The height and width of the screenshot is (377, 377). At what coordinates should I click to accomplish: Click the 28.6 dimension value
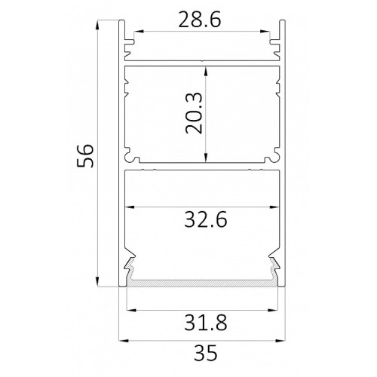tap(200, 20)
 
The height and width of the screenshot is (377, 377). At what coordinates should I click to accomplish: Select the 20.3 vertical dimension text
tap(194, 113)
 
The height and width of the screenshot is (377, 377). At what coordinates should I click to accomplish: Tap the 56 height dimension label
tap(85, 156)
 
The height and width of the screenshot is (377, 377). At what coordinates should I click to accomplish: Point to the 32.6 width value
tap(206, 219)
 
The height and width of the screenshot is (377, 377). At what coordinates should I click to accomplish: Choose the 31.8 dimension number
tap(206, 323)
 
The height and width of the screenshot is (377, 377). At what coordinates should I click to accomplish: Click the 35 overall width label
tap(206, 353)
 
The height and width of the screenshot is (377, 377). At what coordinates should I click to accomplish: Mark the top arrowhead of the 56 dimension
tap(97, 26)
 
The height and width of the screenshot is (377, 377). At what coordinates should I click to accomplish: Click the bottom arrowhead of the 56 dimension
tap(97, 281)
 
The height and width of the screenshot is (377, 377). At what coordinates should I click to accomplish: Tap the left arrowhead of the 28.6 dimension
tap(139, 32)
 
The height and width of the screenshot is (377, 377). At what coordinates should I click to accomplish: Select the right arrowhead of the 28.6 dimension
tap(265, 32)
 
